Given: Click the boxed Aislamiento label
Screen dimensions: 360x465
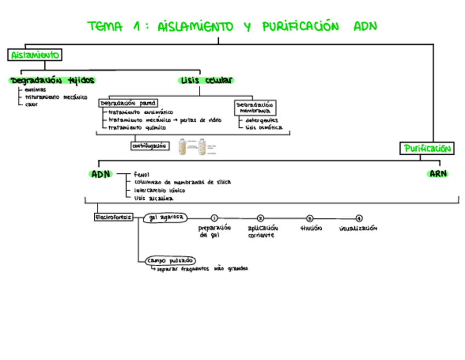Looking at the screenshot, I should (35, 55).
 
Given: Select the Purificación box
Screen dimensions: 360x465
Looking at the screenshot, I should (427, 148).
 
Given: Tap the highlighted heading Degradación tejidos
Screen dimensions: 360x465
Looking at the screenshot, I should (53, 80).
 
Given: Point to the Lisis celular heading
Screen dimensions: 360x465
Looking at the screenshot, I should (206, 80).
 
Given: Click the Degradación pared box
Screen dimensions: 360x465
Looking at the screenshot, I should (128, 103).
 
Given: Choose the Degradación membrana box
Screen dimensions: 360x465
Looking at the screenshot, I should (255, 107).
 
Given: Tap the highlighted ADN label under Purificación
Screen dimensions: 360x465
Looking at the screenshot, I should (100, 174).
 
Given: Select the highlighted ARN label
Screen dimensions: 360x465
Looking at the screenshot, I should (438, 174).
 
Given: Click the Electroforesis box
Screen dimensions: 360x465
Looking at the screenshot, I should (114, 217).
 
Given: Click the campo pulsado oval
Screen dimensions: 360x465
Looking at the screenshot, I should (171, 260).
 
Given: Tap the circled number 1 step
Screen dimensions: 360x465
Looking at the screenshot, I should (214, 218).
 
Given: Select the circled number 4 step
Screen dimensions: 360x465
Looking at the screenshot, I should (359, 218).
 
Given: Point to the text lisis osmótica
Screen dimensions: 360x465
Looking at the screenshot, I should (264, 128).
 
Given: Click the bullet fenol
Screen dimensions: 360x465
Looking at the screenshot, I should (141, 175).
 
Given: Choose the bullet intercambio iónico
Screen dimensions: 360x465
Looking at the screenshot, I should (159, 190).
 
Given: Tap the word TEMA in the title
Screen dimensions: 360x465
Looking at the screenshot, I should (105, 26).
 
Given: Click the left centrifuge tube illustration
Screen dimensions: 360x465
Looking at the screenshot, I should (186, 147).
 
